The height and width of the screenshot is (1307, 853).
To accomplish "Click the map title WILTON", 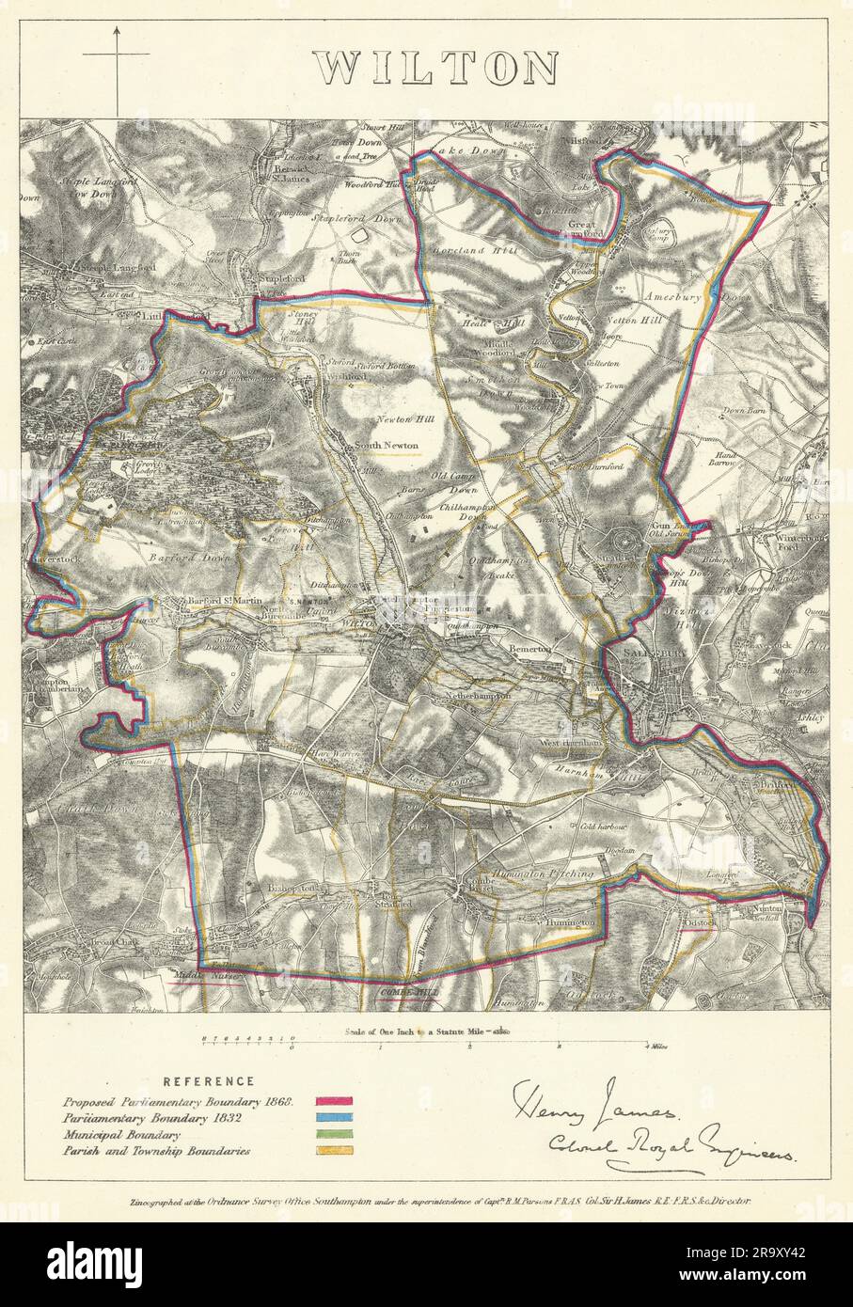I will (435, 68).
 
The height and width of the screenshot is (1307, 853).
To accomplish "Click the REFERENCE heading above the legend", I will (207, 1081).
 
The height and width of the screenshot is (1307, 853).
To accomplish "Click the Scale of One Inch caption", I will (419, 1030).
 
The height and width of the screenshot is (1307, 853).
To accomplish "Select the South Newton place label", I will (386, 445).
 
